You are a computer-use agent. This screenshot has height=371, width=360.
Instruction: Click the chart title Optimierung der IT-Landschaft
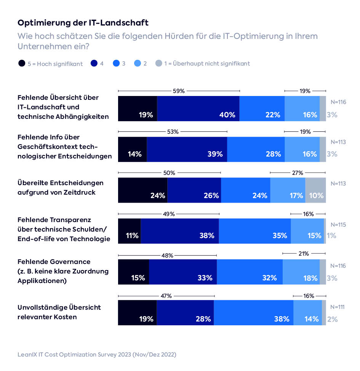[83, 23]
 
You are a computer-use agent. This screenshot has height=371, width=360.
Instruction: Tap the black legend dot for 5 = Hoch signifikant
[22, 64]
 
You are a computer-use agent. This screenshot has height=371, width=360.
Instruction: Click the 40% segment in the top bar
[198, 109]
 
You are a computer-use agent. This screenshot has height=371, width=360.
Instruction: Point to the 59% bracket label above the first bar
[179, 91]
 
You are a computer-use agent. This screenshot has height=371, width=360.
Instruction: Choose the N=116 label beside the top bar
[338, 102]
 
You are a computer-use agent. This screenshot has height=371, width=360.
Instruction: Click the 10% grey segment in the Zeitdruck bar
[315, 190]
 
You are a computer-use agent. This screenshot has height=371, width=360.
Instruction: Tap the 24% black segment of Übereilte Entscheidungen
[143, 190]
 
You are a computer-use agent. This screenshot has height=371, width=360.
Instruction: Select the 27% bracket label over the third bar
[298, 173]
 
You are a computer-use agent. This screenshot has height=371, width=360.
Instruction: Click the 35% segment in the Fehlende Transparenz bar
[254, 231]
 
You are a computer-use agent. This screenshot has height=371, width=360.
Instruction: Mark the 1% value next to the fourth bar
[331, 236]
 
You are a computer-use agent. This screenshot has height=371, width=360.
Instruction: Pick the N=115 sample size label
[338, 225]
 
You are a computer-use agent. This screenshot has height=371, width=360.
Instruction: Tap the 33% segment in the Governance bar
[183, 272]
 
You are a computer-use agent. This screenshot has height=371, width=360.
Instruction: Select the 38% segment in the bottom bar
[254, 313]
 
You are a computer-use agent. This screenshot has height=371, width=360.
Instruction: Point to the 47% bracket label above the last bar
[166, 296]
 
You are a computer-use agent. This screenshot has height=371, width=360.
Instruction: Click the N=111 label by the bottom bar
[338, 307]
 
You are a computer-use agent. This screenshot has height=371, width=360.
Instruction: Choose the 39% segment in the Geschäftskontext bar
[187, 150]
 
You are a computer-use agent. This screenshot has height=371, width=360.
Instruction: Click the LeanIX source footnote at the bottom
[97, 354]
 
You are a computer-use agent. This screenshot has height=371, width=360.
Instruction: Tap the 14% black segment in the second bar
[133, 150]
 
